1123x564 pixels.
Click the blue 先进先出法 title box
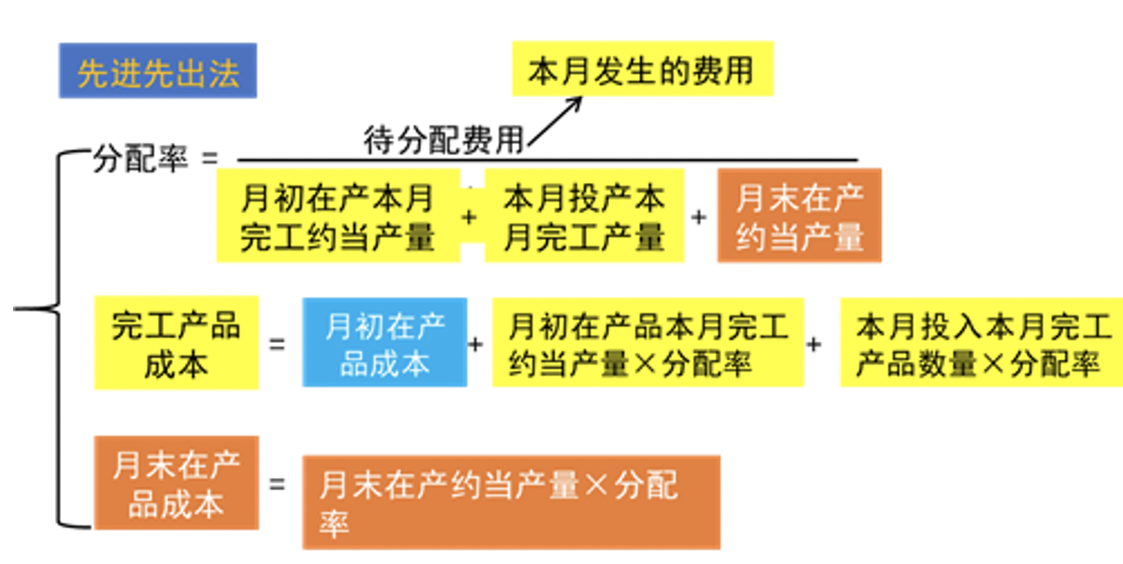(157, 72)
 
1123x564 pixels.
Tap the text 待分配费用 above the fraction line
(444, 141)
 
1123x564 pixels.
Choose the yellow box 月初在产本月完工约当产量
(337, 217)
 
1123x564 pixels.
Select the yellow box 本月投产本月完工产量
(584, 217)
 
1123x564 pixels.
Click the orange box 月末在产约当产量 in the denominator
(800, 217)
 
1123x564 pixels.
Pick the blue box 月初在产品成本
(384, 344)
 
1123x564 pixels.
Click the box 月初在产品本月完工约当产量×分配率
(647, 344)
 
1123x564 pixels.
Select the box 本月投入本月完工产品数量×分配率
(981, 344)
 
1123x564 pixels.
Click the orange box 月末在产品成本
(176, 484)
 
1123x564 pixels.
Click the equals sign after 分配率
(208, 158)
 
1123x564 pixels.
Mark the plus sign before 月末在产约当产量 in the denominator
(699, 217)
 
